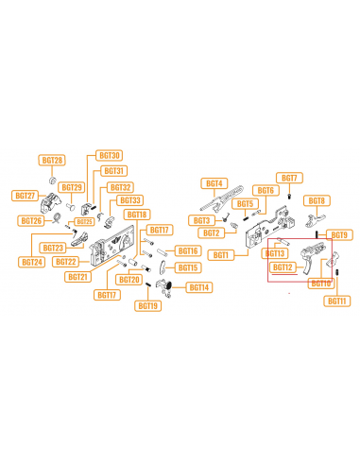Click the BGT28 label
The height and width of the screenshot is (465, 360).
[x=53, y=161]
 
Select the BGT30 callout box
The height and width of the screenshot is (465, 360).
[x=109, y=155]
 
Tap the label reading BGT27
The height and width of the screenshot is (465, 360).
[x=25, y=196]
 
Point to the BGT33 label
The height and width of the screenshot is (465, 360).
[x=130, y=200]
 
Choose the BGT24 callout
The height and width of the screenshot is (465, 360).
[x=32, y=262]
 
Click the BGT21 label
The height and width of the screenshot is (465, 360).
[x=77, y=277]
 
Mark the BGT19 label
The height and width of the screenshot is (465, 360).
[x=147, y=305]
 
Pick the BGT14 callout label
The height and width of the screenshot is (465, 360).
[x=199, y=286]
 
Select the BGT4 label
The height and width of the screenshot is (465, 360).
[x=214, y=182]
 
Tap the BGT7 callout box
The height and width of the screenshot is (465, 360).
[x=289, y=178]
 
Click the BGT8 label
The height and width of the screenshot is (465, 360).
[x=317, y=201]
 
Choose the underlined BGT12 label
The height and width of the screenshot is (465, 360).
[x=283, y=267]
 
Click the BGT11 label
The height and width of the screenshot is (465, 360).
[x=337, y=301]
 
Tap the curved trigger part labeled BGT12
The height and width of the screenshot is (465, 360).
[x=309, y=261]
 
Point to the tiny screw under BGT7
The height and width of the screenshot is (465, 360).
[x=288, y=197]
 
